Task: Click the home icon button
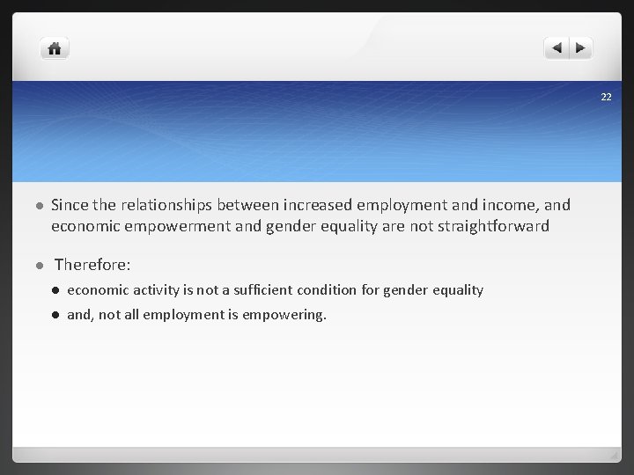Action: click(x=55, y=48)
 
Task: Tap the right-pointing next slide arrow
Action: click(x=581, y=48)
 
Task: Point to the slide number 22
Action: click(x=606, y=97)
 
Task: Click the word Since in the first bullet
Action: click(x=70, y=205)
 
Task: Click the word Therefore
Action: click(x=92, y=264)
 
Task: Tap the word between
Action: click(x=248, y=205)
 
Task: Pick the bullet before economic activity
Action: click(x=55, y=290)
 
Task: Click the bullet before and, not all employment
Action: click(x=55, y=315)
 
